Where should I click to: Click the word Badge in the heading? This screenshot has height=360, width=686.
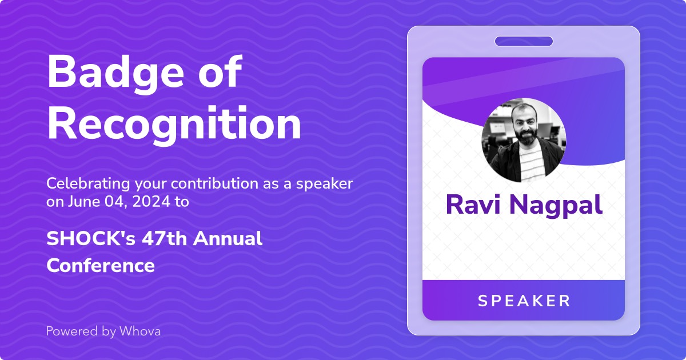point(115,74)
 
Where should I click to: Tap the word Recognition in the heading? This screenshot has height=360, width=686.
point(174,125)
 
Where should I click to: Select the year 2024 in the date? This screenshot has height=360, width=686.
point(151,202)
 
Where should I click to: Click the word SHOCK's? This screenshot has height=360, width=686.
point(91,238)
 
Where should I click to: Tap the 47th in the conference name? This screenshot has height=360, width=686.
point(164,238)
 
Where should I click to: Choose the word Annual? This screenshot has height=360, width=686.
point(228,238)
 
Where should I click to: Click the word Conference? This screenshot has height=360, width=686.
point(101,265)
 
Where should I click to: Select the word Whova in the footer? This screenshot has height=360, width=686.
point(140,331)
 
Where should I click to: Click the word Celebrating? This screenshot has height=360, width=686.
point(88,184)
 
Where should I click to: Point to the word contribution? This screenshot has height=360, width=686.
point(214,183)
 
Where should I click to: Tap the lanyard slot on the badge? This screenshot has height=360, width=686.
point(524,41)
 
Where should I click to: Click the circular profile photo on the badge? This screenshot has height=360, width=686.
point(524,140)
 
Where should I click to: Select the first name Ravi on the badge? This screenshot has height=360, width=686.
point(473,205)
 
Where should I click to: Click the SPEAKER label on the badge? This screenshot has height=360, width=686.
point(524,301)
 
